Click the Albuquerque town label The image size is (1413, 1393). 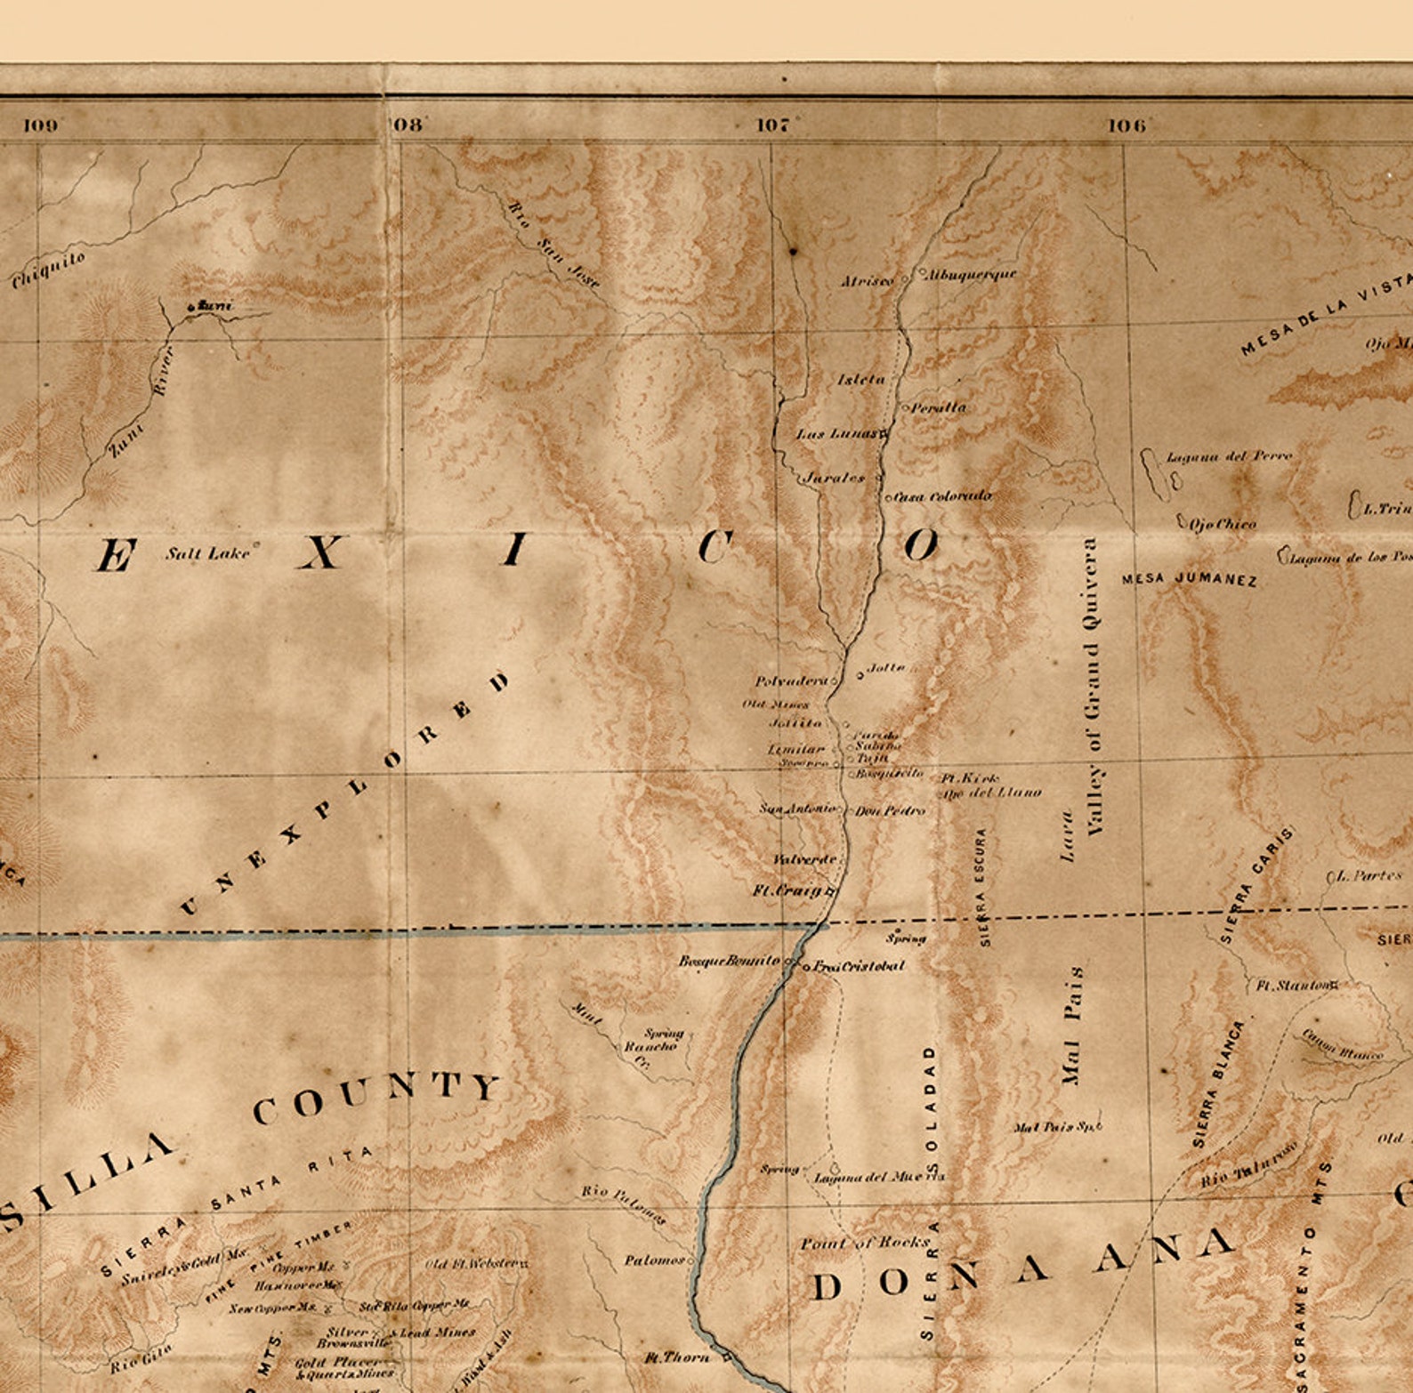pos(971,275)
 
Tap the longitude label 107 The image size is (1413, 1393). pos(775,125)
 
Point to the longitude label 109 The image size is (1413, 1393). pos(41,125)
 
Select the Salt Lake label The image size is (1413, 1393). pos(207,553)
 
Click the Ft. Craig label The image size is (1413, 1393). pos(791,890)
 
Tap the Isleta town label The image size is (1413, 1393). pos(861,380)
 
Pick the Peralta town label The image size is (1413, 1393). pos(939,407)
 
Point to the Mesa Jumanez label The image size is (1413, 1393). pos(1190,579)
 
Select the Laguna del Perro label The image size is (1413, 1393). pos(1229,456)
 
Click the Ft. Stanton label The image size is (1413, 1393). pos(1294,986)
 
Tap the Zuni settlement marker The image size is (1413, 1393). pos(190,308)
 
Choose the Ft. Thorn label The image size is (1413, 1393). pos(677,1357)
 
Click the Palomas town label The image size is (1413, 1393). pos(654,1260)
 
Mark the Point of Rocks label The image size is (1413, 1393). pos(865,1243)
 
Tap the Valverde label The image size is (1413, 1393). pos(804,859)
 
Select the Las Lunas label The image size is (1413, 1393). pos(838,434)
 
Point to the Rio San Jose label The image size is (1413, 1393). pos(553,244)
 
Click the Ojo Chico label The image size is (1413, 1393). pos(1223,524)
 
